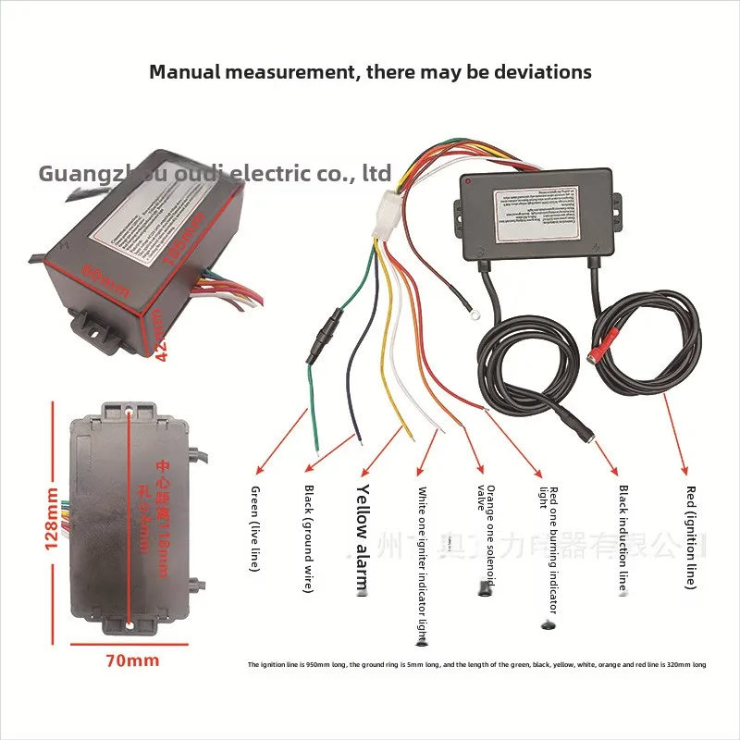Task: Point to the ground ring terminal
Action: (475, 315)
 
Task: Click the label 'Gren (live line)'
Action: (255, 527)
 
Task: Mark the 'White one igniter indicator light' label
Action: (422, 564)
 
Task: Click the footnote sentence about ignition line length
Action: (476, 664)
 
